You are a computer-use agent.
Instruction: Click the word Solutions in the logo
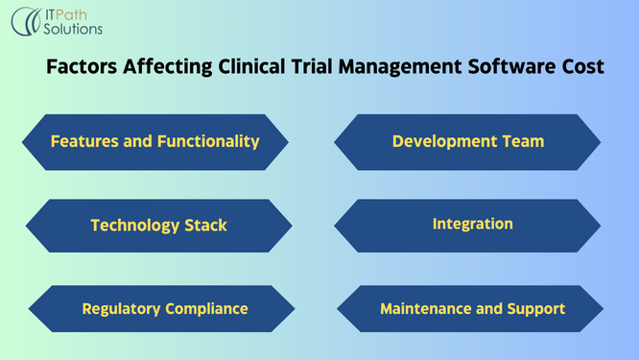(73, 30)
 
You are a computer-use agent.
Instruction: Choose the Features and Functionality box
(154, 142)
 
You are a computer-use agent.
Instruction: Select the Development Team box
(467, 142)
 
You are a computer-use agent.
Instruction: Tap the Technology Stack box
(158, 226)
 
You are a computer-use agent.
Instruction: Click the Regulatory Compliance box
(164, 309)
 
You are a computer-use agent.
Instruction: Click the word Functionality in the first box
(212, 142)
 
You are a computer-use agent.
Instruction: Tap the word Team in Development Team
(522, 142)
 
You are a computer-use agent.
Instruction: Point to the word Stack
(204, 226)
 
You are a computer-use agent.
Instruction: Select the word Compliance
(204, 309)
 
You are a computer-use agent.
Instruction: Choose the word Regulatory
(119, 309)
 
